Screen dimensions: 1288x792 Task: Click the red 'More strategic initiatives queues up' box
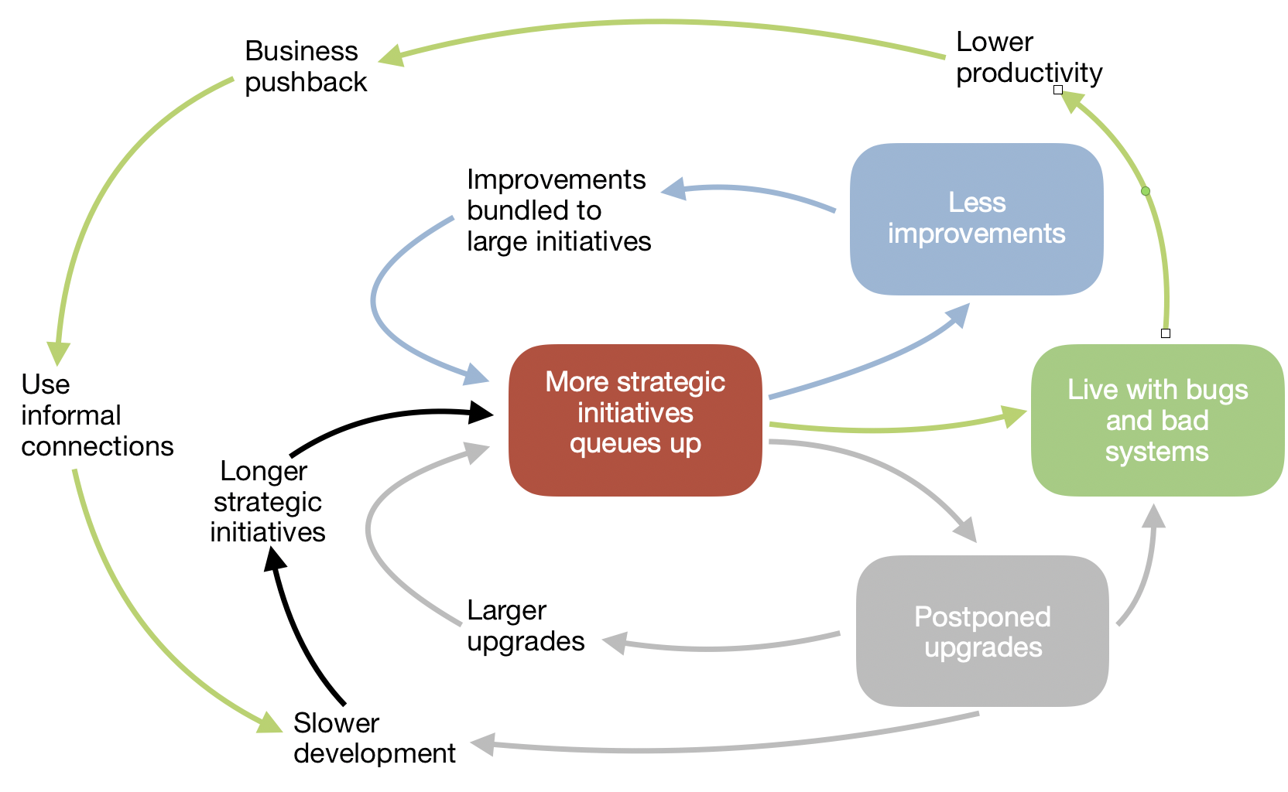[635, 420]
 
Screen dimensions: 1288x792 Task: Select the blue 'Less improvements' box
[976, 219]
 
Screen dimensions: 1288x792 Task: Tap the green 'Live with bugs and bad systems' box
[1157, 420]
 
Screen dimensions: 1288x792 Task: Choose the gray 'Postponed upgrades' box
[983, 631]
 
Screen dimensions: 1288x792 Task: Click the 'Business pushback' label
[305, 66]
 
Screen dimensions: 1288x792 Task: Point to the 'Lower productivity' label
[1029, 57]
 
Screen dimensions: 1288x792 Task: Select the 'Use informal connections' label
[98, 415]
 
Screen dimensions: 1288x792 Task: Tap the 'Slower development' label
[375, 738]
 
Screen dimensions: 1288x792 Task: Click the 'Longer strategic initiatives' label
[267, 502]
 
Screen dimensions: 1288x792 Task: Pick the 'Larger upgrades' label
[526, 626]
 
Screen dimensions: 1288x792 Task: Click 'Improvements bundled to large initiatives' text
[559, 210]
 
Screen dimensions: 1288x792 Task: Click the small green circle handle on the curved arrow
[1146, 191]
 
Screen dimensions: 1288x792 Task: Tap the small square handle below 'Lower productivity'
[1058, 90]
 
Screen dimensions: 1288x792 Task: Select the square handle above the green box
[1166, 333]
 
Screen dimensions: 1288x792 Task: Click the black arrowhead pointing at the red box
[480, 412]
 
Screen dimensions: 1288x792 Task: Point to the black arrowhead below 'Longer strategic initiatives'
[275, 558]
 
